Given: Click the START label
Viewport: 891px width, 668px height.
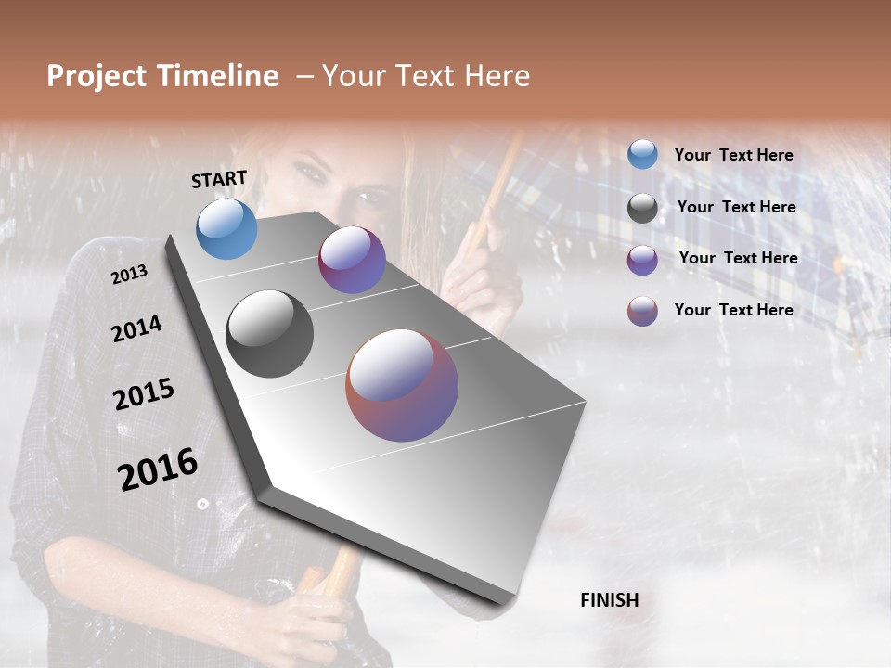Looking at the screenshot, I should tap(219, 179).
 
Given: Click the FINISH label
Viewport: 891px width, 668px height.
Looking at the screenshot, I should tap(609, 600).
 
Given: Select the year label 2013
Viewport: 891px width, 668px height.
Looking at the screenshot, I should tap(129, 275).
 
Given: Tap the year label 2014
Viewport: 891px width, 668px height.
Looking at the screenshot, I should tap(136, 328).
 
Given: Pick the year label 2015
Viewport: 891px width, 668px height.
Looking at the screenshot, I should tap(144, 394).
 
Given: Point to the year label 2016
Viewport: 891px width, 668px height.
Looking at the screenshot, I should tap(158, 469).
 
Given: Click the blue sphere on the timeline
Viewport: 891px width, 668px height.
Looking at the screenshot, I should tap(226, 228).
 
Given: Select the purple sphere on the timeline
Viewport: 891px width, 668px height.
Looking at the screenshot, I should tap(352, 260).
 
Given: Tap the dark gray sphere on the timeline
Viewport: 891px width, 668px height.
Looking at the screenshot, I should tap(270, 334).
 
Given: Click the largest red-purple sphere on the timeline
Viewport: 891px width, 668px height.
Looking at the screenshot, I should tap(402, 385).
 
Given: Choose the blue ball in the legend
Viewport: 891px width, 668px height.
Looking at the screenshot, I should tap(642, 154).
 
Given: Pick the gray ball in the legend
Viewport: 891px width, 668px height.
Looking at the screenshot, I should tap(642, 208).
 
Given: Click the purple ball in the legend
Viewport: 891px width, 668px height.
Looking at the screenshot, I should tap(642, 260).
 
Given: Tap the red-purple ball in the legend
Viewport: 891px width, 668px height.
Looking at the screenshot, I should tap(642, 311).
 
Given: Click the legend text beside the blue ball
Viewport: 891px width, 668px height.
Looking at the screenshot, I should tap(733, 155).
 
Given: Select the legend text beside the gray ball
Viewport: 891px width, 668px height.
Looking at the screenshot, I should tap(736, 207).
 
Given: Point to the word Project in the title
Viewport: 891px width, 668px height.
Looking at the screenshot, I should tap(97, 76).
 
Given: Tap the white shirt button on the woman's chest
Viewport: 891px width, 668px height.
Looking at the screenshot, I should tap(201, 504).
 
